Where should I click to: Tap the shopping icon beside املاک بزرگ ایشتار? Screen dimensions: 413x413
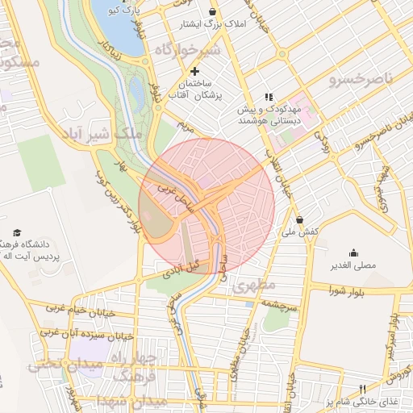(x=212, y=12)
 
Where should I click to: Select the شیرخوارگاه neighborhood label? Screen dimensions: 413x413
(x=187, y=50)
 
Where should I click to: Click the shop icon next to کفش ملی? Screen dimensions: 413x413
(x=300, y=219)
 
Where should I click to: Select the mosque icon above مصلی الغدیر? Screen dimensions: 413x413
(x=353, y=252)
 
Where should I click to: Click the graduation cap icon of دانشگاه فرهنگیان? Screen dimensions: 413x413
(x=17, y=232)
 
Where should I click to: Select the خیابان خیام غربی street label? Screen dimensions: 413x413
(x=74, y=309)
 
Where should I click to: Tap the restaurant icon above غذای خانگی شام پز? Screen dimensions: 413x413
(x=362, y=390)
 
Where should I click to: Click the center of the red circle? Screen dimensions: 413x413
(x=206, y=206)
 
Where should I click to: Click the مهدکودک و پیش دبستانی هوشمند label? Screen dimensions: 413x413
(x=269, y=114)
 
